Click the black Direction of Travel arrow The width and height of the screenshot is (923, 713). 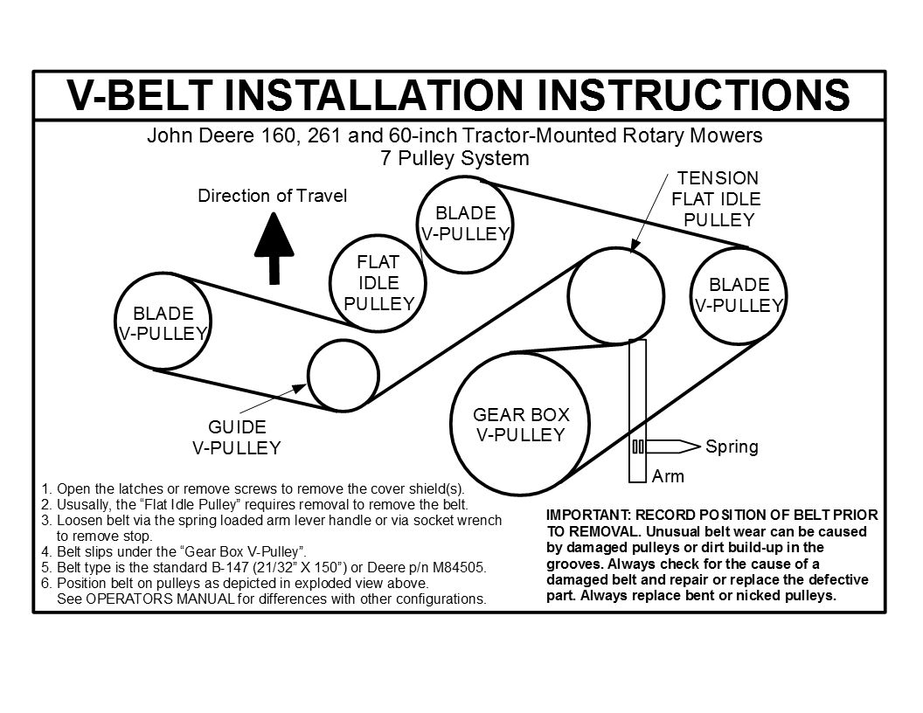(x=274, y=248)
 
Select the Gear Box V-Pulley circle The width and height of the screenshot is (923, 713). (x=451, y=425)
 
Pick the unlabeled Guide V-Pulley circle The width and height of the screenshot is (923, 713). (x=309, y=376)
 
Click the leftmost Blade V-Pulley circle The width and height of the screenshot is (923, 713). (x=115, y=322)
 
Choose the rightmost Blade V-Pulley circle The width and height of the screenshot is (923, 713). (x=691, y=295)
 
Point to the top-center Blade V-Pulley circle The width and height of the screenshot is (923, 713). (x=418, y=225)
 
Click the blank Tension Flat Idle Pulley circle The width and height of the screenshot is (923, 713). (x=569, y=295)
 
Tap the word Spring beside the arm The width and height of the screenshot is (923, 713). (x=732, y=447)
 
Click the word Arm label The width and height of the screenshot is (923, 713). (x=668, y=476)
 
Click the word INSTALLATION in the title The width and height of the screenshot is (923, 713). (x=373, y=94)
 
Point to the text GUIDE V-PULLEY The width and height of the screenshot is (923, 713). (x=237, y=438)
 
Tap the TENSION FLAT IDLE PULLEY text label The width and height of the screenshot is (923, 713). (x=718, y=199)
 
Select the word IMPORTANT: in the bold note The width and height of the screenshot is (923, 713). (x=588, y=516)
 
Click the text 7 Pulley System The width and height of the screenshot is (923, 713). (x=455, y=158)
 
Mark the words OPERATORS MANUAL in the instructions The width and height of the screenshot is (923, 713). (x=161, y=599)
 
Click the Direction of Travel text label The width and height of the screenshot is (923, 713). (x=272, y=196)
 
